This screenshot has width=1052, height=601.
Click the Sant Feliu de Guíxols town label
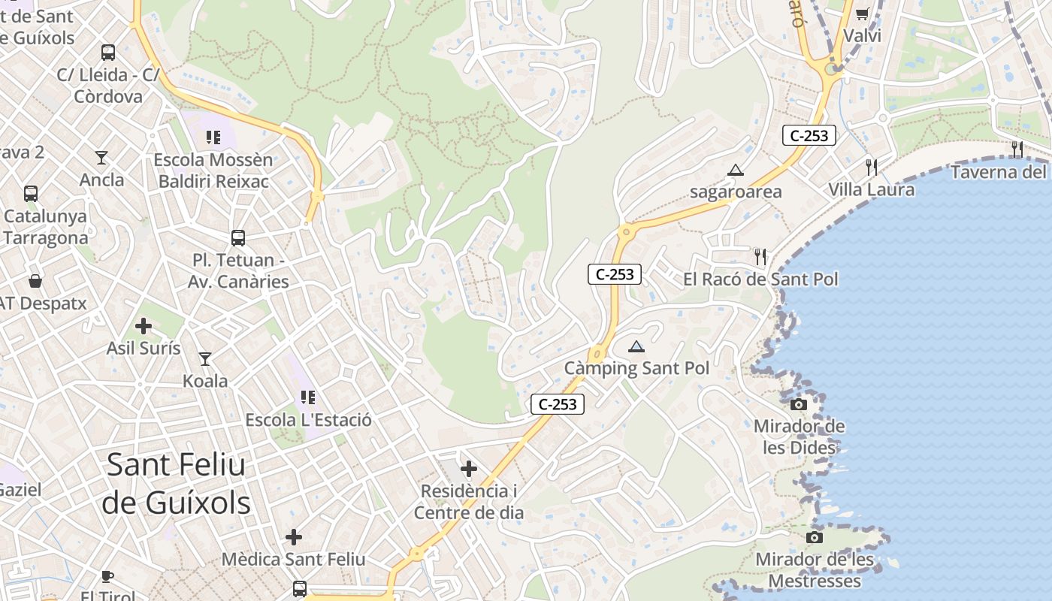[176, 484]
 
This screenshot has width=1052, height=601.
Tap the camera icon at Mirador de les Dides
[799, 404]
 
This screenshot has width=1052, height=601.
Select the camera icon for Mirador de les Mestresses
[814, 537]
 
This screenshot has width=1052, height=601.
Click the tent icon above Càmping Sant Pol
[636, 346]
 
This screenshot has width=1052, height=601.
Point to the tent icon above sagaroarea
[735, 170]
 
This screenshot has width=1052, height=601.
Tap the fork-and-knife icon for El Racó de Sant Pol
[760, 257]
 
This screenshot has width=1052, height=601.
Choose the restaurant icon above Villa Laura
[871, 167]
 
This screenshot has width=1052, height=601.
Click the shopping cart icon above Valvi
[862, 14]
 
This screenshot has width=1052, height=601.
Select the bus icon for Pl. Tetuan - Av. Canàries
[238, 238]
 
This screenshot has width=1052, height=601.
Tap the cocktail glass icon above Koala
[204, 359]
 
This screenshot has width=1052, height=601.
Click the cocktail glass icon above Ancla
[101, 157]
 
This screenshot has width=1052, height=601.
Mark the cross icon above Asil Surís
[143, 326]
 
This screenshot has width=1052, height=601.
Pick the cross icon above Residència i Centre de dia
[469, 469]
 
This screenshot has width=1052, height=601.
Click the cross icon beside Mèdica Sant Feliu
[294, 536]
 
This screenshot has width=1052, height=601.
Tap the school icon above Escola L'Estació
[307, 397]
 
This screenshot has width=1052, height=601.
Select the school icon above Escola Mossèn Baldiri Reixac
[213, 137]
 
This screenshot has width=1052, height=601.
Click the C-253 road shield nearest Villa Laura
[809, 135]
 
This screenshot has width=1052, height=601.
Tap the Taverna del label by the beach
[998, 172]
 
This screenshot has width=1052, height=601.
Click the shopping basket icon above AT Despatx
[35, 281]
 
